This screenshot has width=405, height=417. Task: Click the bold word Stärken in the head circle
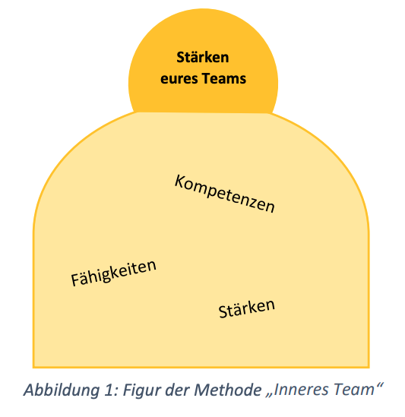pyautogui.click(x=202, y=57)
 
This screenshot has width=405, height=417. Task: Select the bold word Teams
pyautogui.click(x=224, y=78)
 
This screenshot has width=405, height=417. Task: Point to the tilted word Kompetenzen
pyautogui.click(x=225, y=194)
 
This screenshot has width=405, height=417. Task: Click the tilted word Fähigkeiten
pyautogui.click(x=114, y=273)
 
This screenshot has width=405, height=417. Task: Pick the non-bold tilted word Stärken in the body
pyautogui.click(x=247, y=308)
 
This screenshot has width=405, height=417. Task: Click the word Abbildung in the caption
pyautogui.click(x=62, y=390)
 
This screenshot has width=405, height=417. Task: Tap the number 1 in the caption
pyautogui.click(x=109, y=390)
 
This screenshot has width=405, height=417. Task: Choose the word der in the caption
pyautogui.click(x=176, y=390)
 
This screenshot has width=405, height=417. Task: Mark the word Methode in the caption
pyautogui.click(x=228, y=390)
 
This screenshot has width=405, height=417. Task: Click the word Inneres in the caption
pyautogui.click(x=301, y=390)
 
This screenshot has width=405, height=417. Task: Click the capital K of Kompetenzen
pyautogui.click(x=180, y=182)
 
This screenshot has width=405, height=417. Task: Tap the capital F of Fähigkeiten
pyautogui.click(x=75, y=280)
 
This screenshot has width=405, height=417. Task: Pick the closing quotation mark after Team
pyautogui.click(x=379, y=386)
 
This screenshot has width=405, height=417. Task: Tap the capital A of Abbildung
pyautogui.click(x=29, y=390)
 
